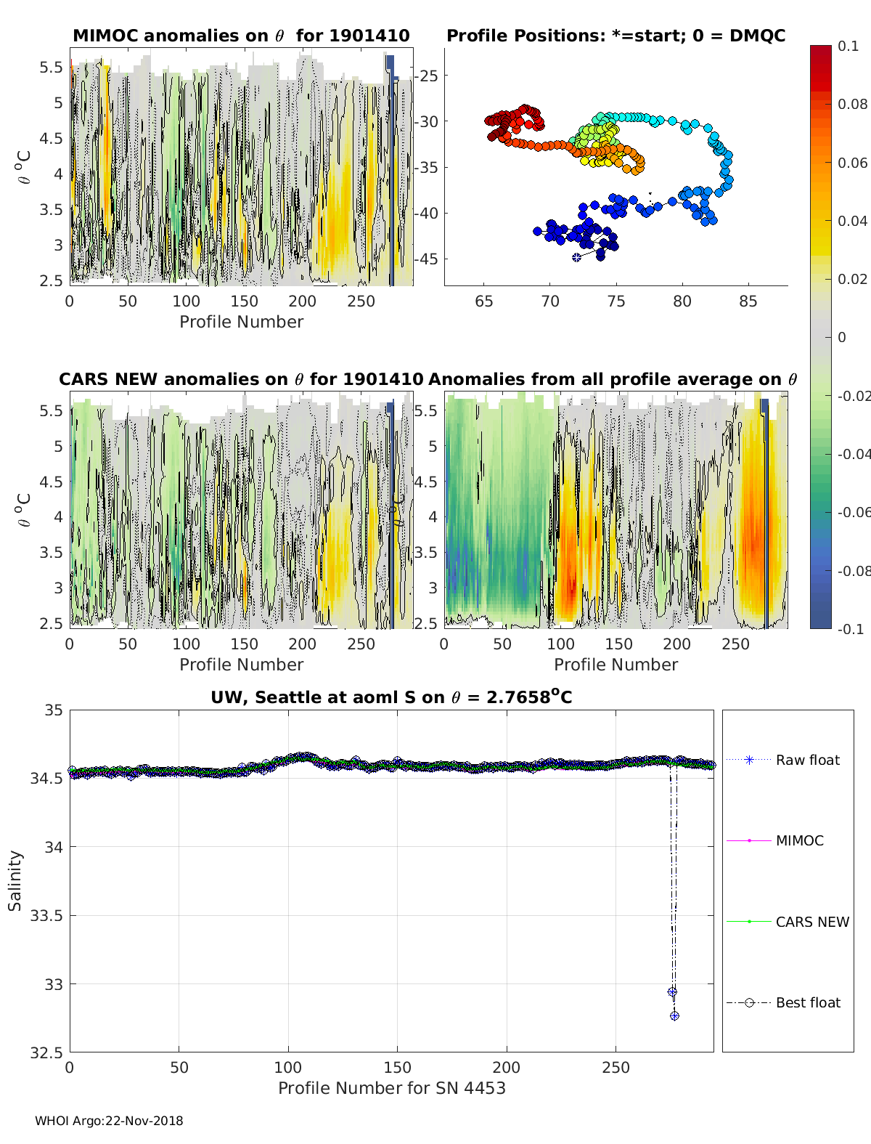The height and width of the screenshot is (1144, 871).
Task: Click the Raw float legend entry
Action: [x=807, y=760]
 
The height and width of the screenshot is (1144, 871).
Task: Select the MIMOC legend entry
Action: [x=799, y=840]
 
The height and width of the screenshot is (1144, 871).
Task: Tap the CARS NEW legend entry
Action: [x=811, y=922]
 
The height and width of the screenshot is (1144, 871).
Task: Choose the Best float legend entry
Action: [x=807, y=1002]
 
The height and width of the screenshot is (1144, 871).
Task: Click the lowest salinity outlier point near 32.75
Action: [x=674, y=1015]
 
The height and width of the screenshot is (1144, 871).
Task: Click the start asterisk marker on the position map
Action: [x=577, y=257]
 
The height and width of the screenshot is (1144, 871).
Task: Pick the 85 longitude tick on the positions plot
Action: [x=748, y=301]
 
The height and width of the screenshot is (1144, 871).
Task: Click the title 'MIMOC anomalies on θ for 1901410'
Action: [x=241, y=36]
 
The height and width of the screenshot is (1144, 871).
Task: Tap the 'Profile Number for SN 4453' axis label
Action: [x=391, y=1088]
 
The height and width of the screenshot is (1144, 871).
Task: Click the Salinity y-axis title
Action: [x=15, y=880]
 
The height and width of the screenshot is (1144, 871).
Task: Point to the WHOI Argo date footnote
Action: [x=109, y=1121]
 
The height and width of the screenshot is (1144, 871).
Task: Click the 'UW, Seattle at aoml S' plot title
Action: [x=391, y=697]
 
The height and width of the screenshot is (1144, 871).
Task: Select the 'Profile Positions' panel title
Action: [x=616, y=36]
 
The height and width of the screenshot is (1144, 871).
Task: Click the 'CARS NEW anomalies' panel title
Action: [x=241, y=379]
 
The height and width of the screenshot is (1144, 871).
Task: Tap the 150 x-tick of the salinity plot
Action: [x=397, y=1067]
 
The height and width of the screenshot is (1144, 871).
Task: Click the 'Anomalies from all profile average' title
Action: [x=613, y=379]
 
